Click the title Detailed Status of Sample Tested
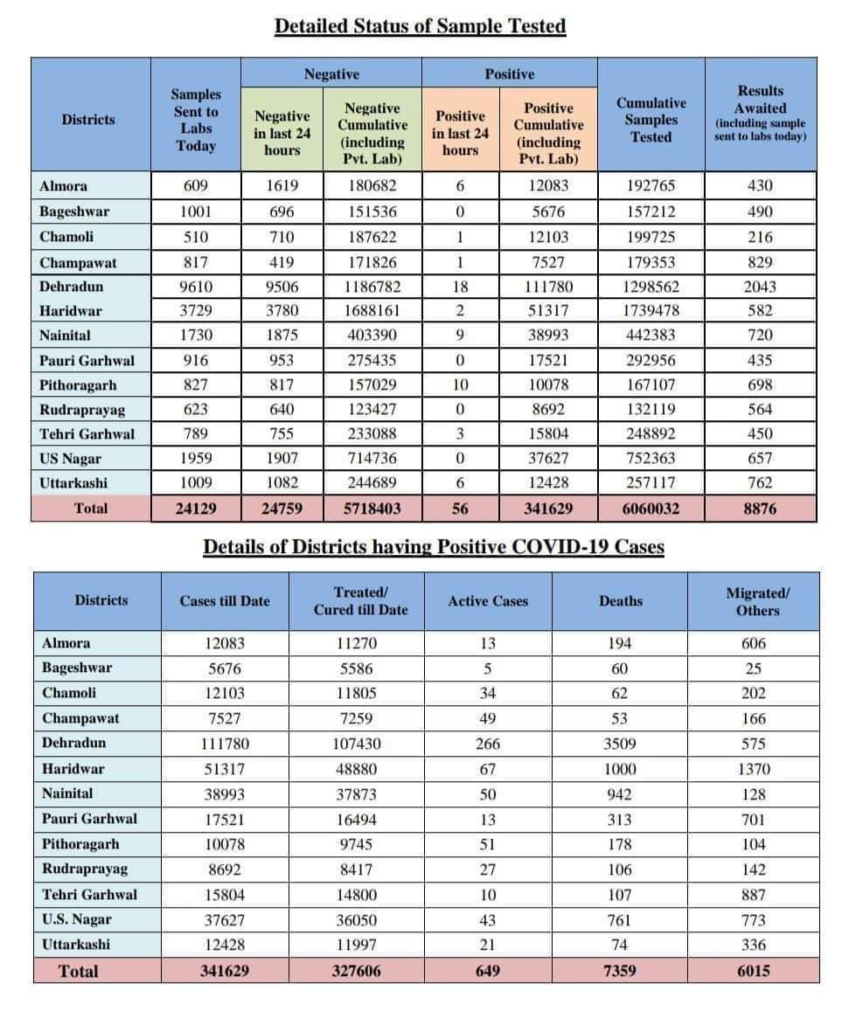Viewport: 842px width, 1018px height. pos(420,26)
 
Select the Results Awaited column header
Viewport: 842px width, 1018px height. pos(760,113)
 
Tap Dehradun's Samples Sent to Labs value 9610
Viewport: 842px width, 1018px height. pos(195,287)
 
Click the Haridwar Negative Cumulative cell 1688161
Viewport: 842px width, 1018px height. pos(372,311)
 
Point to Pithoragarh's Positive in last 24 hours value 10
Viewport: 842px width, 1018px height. pos(460,385)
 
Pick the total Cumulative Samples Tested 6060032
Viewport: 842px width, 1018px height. pos(651,509)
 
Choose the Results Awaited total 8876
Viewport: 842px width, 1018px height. pos(760,509)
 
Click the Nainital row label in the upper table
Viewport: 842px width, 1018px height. pos(65,336)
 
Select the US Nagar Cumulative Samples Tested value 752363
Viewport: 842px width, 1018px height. pos(651,459)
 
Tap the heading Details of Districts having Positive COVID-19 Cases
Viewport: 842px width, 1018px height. pos(434,547)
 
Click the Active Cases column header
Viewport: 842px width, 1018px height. pos(488,601)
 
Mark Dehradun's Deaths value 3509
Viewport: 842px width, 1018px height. pos(621,744)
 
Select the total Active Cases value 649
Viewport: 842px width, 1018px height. pos(488,971)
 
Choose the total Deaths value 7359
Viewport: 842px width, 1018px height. pos(621,971)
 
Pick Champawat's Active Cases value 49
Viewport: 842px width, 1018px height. pos(488,719)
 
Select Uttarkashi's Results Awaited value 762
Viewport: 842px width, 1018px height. pos(760,483)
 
